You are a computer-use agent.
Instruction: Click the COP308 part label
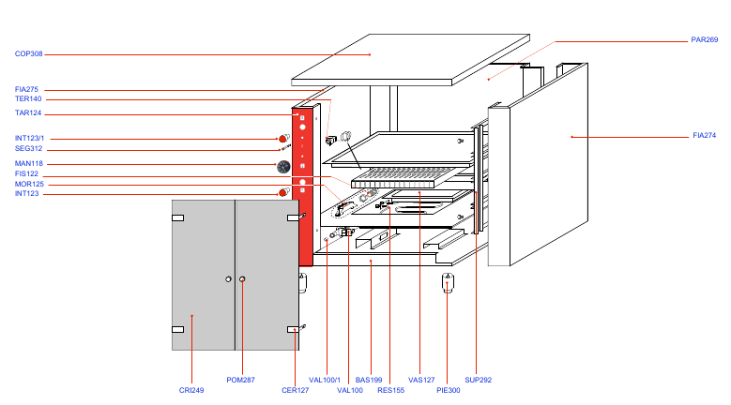click(29, 54)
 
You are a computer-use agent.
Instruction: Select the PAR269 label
click(704, 40)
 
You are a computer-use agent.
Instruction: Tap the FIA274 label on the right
click(704, 136)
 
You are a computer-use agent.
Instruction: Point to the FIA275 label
click(27, 89)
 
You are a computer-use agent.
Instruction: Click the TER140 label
click(28, 99)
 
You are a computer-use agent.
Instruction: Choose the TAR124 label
click(28, 113)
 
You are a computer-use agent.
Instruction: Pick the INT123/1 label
click(31, 139)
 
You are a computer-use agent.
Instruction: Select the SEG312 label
click(29, 149)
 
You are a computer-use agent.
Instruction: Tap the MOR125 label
click(28, 185)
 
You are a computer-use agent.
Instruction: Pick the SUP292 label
click(479, 380)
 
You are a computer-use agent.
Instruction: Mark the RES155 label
click(390, 390)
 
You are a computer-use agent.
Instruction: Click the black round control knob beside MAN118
click(283, 167)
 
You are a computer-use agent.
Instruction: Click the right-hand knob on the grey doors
click(242, 279)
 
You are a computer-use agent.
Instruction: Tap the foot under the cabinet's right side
click(448, 282)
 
